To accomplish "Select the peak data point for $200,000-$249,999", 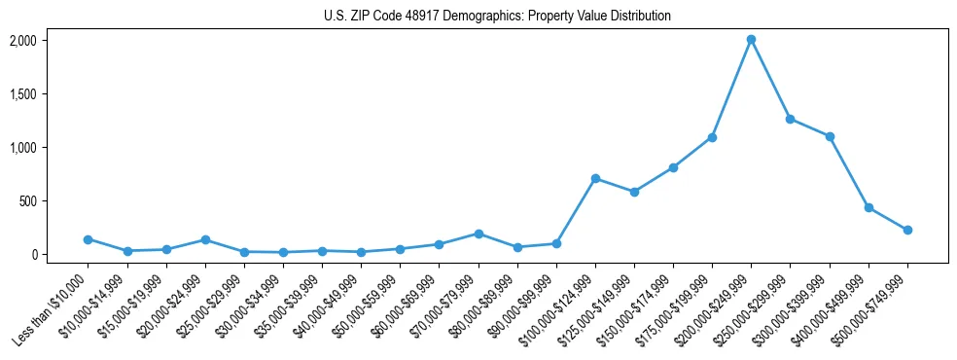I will click(x=751, y=40).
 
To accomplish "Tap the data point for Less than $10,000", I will click(x=89, y=239).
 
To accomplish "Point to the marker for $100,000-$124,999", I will click(x=595, y=179).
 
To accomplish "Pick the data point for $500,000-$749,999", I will click(x=907, y=230).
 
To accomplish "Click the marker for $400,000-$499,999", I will click(x=868, y=208).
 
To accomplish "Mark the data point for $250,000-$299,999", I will click(x=790, y=119).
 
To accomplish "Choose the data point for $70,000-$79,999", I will click(x=478, y=234).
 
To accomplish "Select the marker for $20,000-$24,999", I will click(x=205, y=239).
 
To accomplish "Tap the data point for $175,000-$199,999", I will click(x=712, y=137).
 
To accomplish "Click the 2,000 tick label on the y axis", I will click(x=22, y=41).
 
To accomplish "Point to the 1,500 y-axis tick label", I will click(x=22, y=94).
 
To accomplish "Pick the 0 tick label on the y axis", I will click(x=32, y=255).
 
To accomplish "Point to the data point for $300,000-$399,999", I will click(x=830, y=136).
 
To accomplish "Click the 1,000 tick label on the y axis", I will click(x=22, y=148).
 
